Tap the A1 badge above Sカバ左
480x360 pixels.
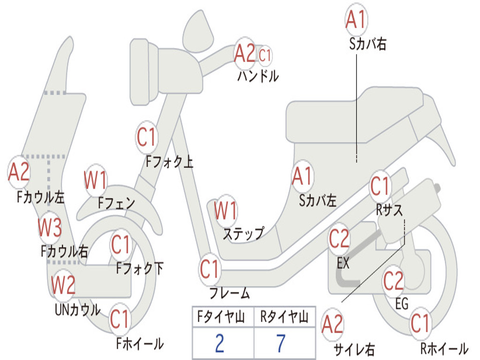(302, 176)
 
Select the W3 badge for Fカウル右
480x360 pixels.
(50, 228)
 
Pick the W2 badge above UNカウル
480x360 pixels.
(63, 284)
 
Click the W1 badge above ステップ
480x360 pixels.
(225, 210)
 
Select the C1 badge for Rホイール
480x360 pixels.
(420, 323)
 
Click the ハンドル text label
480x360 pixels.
(258, 76)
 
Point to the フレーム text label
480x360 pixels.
(230, 294)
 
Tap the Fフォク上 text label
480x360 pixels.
(169, 162)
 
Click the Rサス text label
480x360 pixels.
(389, 210)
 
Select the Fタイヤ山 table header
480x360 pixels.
(223, 318)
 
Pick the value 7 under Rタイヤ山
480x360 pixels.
(281, 344)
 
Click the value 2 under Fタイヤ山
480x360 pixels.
(219, 344)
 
